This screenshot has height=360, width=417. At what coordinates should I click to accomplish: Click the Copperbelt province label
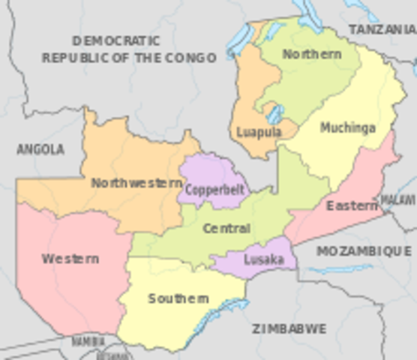[214, 189]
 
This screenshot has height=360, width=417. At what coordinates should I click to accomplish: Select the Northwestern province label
[136, 182]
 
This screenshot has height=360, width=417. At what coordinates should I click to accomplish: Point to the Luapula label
[259, 132]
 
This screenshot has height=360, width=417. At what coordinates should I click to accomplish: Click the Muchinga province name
[347, 127]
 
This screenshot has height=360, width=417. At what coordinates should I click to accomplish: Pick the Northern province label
[311, 54]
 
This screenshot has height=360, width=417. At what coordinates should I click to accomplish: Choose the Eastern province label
[352, 205]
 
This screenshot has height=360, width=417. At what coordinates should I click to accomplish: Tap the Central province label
[226, 228]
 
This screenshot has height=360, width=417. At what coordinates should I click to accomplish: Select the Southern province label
[178, 298]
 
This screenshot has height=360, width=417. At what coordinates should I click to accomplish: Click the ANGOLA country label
[40, 149]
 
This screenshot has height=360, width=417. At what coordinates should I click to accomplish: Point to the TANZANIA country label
[382, 28]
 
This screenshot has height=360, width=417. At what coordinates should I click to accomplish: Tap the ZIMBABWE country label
[289, 328]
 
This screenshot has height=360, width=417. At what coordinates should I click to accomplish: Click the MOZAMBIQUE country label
[363, 251]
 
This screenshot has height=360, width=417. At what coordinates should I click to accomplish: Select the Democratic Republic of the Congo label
[128, 49]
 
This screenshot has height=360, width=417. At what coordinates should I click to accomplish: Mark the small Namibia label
[88, 342]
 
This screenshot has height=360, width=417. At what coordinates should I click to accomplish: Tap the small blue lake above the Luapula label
[275, 114]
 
